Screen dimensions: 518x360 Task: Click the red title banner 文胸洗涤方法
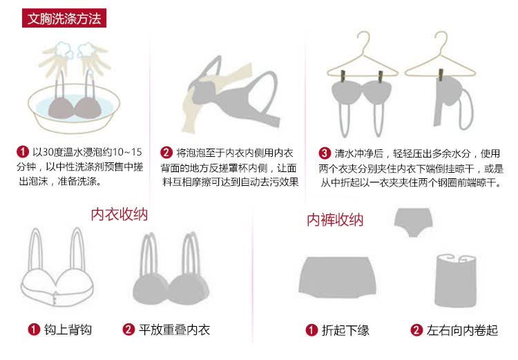pyautogui.click(x=64, y=18)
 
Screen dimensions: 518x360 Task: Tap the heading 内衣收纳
pyautogui.click(x=119, y=214)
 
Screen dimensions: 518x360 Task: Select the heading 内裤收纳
pyautogui.click(x=335, y=220)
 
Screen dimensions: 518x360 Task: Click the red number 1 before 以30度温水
pyautogui.click(x=23, y=152)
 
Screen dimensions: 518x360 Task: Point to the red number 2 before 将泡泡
pyautogui.click(x=166, y=153)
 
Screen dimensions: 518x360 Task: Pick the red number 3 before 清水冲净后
pyautogui.click(x=325, y=153)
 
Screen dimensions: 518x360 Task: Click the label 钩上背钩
pyautogui.click(x=68, y=330)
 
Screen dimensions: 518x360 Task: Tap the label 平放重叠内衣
pyautogui.click(x=175, y=330)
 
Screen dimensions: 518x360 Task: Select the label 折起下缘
pyautogui.click(x=345, y=330)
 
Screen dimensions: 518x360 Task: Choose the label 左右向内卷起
pyautogui.click(x=462, y=330)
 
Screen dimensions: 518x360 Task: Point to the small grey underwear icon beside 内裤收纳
pyautogui.click(x=413, y=222)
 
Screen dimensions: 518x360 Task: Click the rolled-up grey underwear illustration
pyautogui.click(x=456, y=281)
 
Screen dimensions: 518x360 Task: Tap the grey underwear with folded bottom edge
pyautogui.click(x=337, y=277)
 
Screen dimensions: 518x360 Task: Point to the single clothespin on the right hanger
pyautogui.click(x=441, y=75)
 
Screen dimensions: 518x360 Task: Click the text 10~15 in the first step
pyautogui.click(x=127, y=152)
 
